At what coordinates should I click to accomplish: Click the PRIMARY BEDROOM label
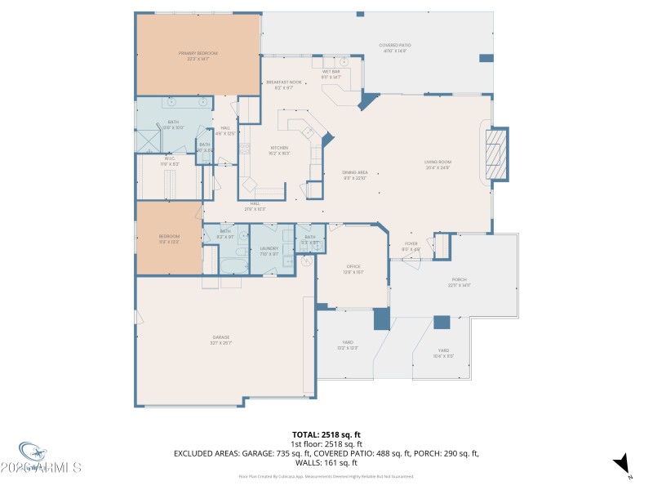point(198,56)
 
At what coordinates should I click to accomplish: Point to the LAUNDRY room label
point(269,251)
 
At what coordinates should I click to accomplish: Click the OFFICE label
point(353,269)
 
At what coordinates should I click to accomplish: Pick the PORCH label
point(460,283)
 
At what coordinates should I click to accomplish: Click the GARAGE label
point(221,340)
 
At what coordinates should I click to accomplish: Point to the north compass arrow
point(623,463)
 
